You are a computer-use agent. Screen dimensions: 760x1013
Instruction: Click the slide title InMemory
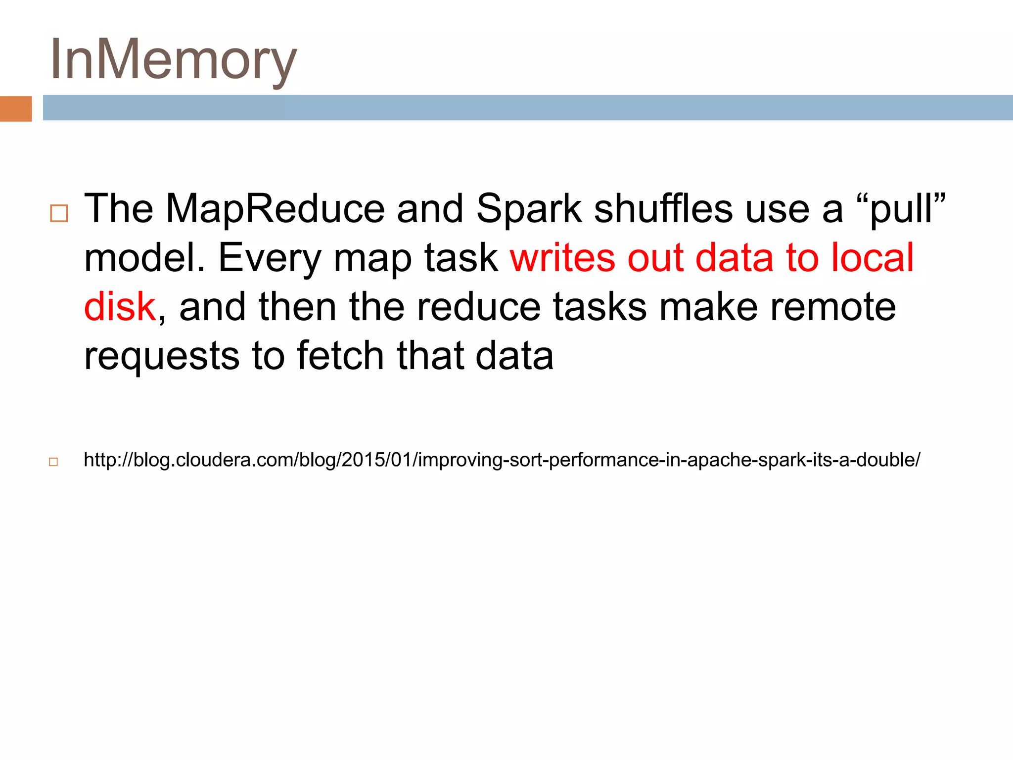[x=173, y=59]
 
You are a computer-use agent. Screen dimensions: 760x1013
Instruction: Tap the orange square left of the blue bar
[x=16, y=108]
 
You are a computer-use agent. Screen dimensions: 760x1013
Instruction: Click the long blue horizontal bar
[x=527, y=107]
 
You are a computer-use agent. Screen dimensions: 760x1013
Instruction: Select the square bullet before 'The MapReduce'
[x=59, y=213]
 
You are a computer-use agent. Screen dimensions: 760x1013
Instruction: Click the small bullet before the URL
[x=53, y=462]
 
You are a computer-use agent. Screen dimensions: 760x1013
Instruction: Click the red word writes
[x=563, y=258]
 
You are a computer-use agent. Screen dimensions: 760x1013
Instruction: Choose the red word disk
[x=120, y=307]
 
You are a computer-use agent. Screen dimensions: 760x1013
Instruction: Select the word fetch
[x=340, y=355]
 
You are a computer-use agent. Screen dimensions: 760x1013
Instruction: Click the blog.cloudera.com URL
[x=502, y=460]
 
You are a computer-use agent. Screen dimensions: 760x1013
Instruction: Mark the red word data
[x=734, y=258]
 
